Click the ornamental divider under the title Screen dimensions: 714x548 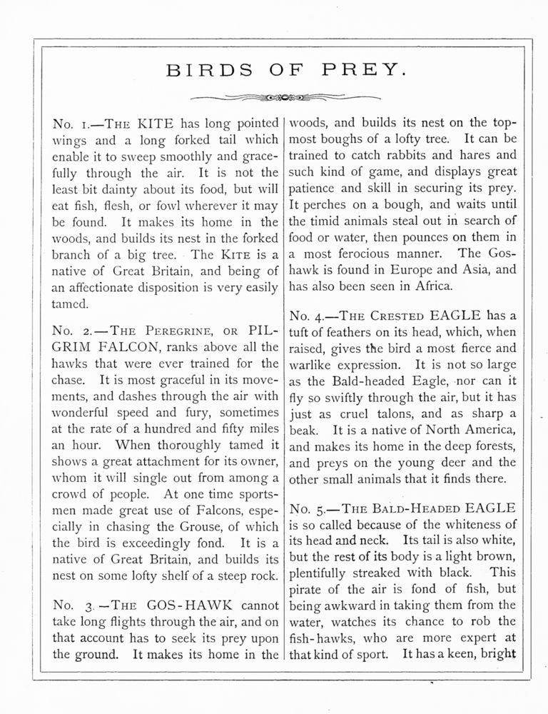pyautogui.click(x=275, y=97)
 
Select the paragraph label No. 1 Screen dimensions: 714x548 pyautogui.click(x=70, y=124)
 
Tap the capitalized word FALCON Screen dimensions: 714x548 pyautogui.click(x=133, y=348)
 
